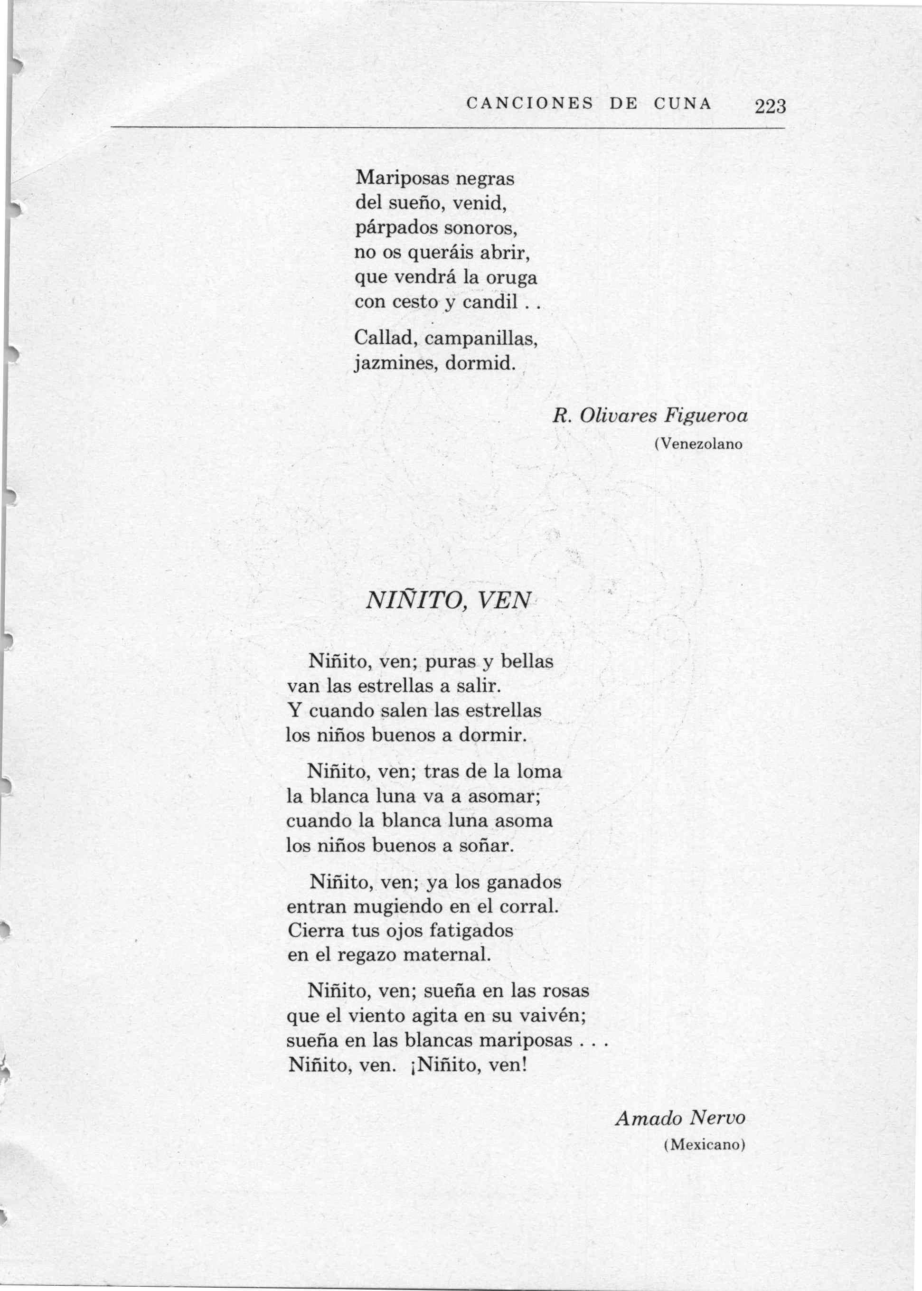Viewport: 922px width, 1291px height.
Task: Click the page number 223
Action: [770, 106]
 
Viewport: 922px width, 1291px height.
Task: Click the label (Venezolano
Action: [698, 444]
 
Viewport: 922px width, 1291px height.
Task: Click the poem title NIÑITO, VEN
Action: [448, 600]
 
